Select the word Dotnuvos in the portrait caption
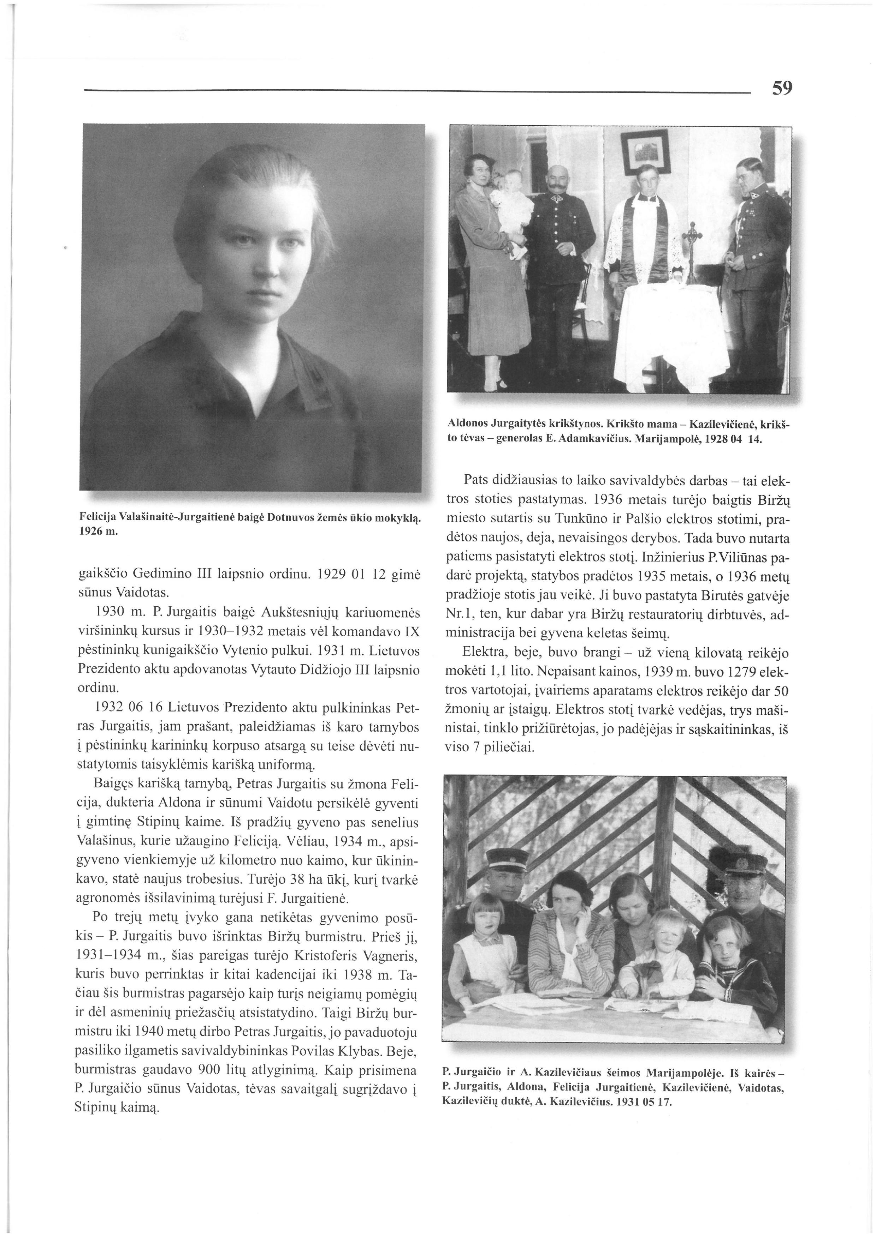294,519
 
